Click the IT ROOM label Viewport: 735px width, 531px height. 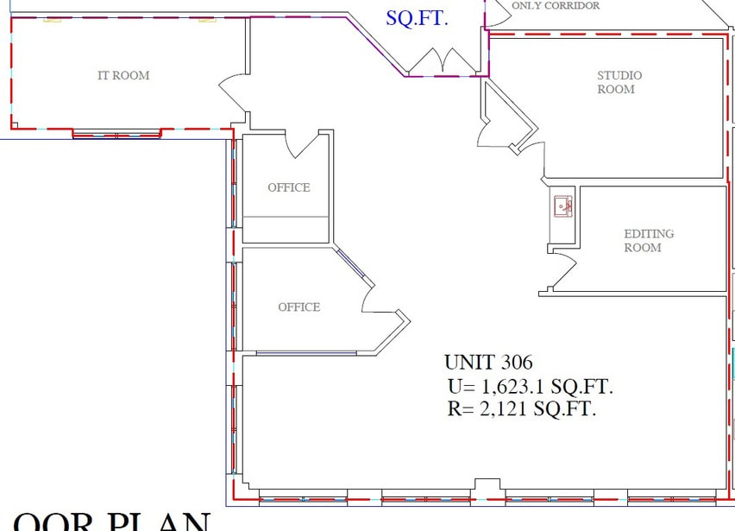point(123,76)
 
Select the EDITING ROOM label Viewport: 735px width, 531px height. point(648,240)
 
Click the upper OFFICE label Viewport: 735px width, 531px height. point(288,187)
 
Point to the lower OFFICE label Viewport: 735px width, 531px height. point(298,307)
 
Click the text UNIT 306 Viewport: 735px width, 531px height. point(488,363)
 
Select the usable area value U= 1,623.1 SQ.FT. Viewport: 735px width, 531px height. point(530,386)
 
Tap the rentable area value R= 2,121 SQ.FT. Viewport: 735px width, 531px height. point(521,408)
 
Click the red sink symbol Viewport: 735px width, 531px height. point(563,206)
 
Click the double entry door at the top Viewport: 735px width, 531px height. point(443,60)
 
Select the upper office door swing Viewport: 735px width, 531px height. point(303,145)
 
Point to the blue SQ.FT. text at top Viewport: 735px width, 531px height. point(417,17)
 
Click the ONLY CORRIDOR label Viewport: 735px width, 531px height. point(555,5)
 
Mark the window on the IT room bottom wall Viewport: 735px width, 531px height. point(116,134)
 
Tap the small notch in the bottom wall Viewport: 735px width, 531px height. point(487,484)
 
